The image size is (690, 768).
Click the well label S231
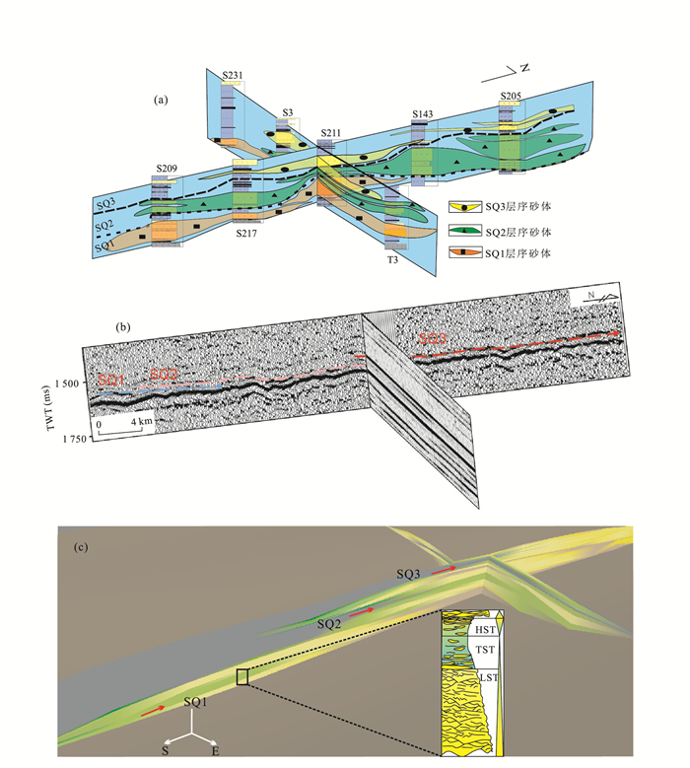coord(233,75)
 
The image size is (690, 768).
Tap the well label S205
coord(510,96)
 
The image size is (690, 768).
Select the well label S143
coord(423,115)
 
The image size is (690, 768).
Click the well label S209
coord(167,170)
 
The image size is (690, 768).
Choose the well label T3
coord(392,259)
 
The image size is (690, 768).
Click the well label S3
coord(288,113)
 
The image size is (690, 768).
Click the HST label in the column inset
coord(483,629)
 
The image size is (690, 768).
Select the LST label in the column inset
coord(483,681)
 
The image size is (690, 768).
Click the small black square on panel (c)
coord(242,675)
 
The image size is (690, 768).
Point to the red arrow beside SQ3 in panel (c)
coord(447,569)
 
